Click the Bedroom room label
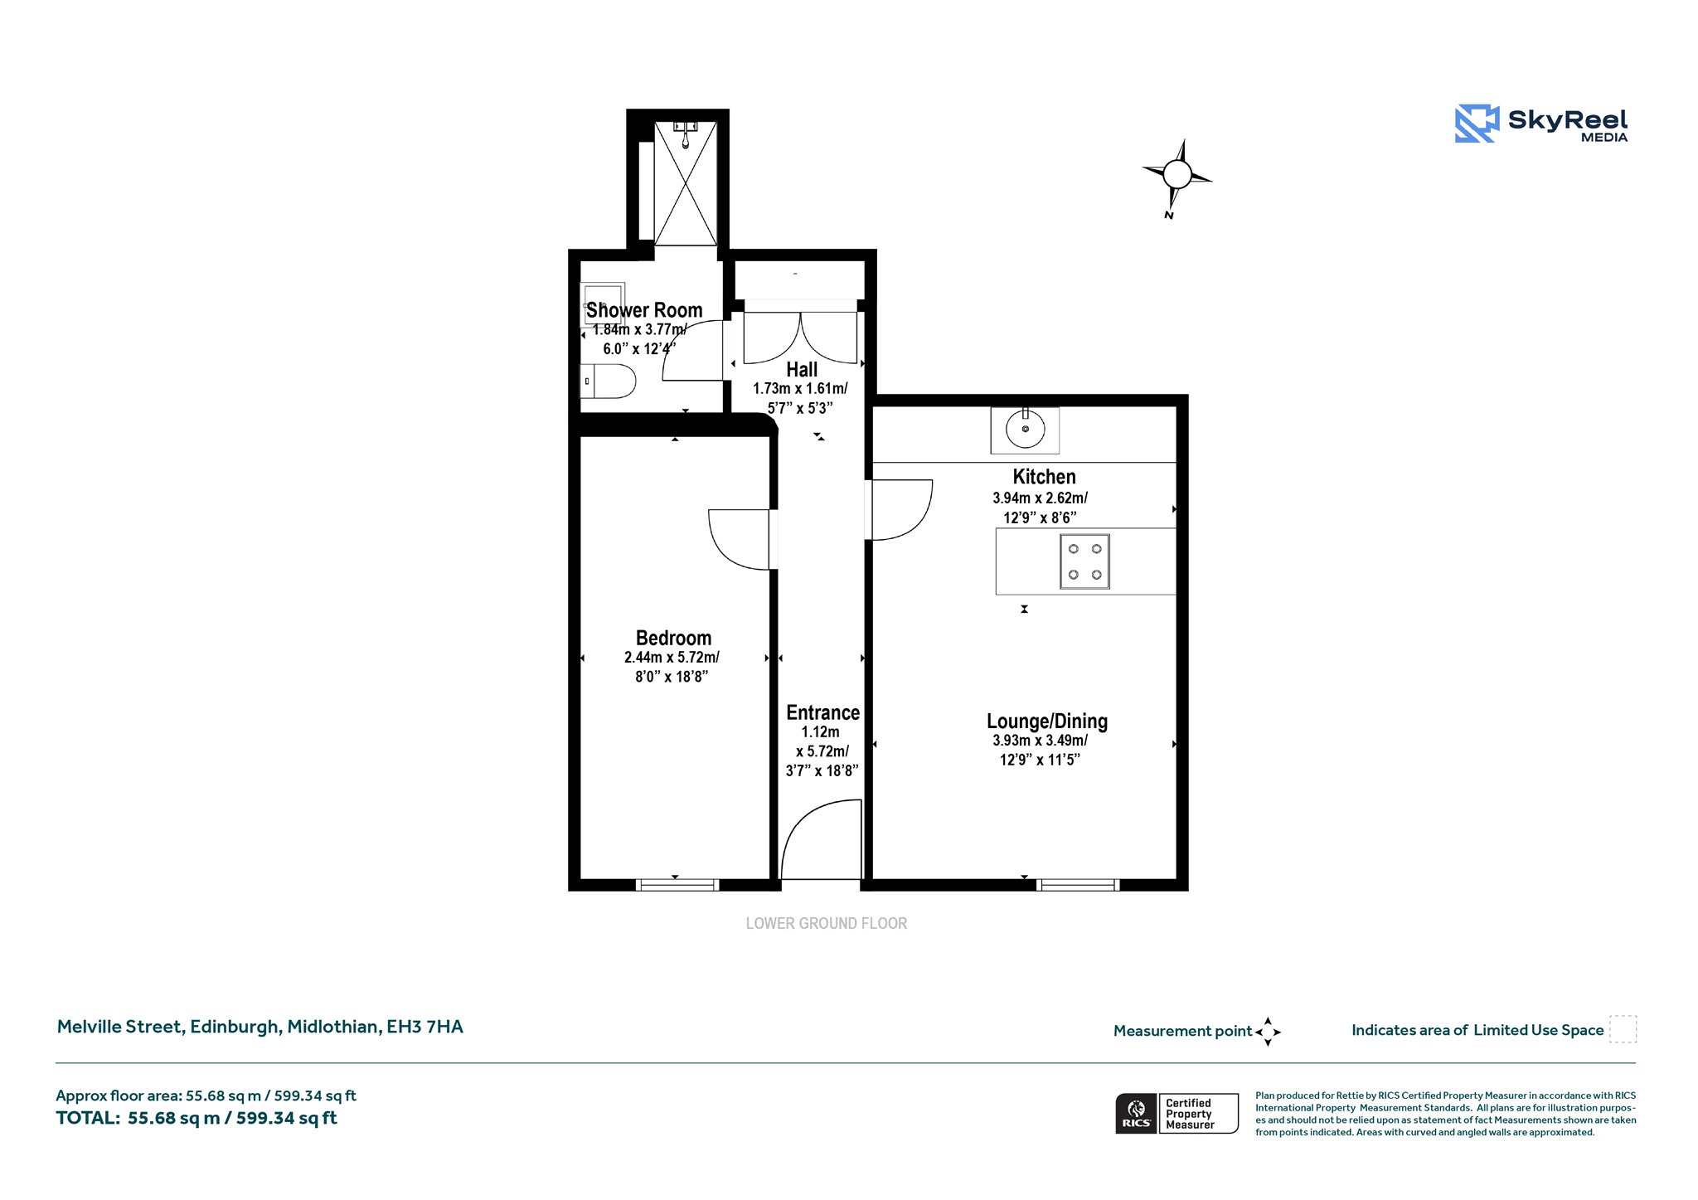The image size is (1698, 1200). (673, 638)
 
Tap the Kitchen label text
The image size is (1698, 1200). (1044, 477)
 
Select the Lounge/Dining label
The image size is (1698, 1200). (1046, 721)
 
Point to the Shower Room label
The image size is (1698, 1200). (644, 310)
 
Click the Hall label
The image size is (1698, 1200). (802, 370)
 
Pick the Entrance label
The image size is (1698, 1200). (822, 712)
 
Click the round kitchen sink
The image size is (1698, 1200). (1026, 429)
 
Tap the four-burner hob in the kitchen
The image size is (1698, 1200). (1084, 561)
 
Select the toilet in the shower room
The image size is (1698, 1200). (608, 381)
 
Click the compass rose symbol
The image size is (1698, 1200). (1176, 174)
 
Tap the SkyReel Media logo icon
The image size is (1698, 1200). (1477, 124)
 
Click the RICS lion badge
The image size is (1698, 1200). (1136, 1113)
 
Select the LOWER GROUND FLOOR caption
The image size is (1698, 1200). (826, 923)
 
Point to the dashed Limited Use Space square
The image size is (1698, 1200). (1623, 1029)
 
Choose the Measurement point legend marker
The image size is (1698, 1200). (1268, 1032)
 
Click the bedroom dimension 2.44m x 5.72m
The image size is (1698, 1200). (672, 658)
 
